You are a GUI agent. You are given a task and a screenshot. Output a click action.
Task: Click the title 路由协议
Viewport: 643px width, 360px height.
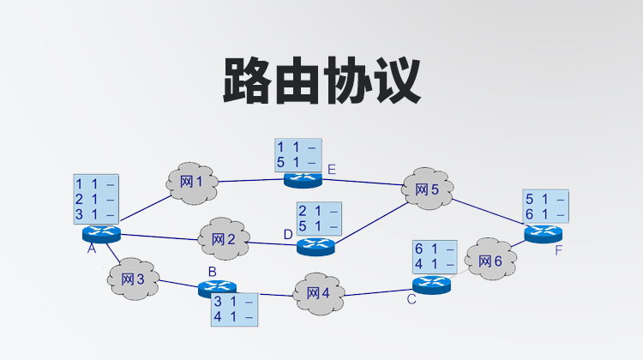click(x=321, y=81)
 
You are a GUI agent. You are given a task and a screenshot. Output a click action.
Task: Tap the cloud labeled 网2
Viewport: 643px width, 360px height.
click(x=223, y=239)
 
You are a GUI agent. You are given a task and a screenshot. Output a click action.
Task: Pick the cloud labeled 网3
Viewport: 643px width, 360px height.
click(x=134, y=279)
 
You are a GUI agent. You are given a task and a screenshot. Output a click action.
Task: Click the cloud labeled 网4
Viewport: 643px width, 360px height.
click(x=317, y=293)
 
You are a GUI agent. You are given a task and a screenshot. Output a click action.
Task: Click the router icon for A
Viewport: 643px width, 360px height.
click(x=101, y=233)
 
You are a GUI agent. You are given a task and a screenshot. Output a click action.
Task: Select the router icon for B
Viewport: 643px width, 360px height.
click(x=216, y=288)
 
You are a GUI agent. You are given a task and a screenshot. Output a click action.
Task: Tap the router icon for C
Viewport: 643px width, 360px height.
click(x=430, y=283)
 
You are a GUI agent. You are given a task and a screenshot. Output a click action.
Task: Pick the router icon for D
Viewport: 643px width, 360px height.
click(x=315, y=246)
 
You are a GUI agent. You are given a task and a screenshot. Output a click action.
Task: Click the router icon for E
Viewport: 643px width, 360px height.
click(x=302, y=178)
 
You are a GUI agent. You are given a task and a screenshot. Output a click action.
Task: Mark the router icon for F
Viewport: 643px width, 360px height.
click(x=544, y=233)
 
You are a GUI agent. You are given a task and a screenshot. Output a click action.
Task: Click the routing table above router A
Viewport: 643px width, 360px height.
click(x=95, y=199)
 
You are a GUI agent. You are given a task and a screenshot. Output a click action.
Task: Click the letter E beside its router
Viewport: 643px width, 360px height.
click(x=331, y=170)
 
